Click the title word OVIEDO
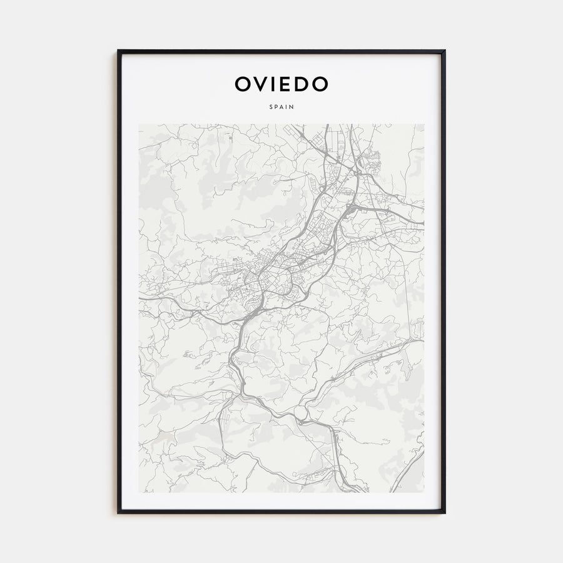coord(281,84)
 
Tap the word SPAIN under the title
coord(281,107)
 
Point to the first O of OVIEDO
coord(242,84)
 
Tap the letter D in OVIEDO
coord(301,84)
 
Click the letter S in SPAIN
coord(271,107)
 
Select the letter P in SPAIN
coord(276,107)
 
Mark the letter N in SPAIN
coord(292,107)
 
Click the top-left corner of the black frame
coord(118,51)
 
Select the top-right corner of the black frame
coord(445,51)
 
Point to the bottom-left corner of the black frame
coord(118,512)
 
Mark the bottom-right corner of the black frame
coord(445,512)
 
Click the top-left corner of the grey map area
coord(139,124)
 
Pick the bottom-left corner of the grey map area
coord(139,492)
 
